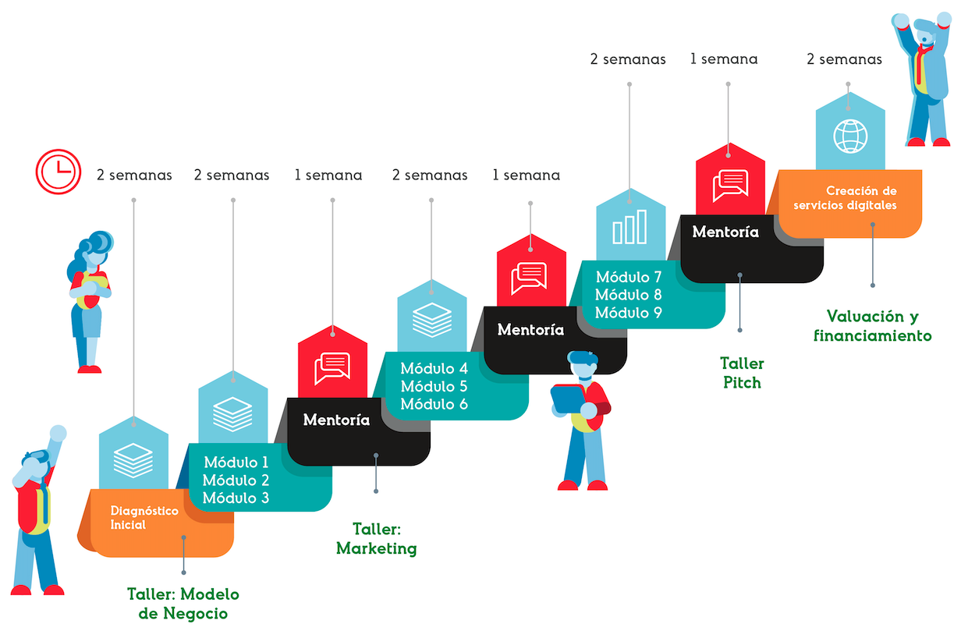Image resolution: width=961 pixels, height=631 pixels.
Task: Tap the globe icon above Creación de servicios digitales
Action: tap(849, 136)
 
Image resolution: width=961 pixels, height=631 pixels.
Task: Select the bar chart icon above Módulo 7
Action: tap(629, 226)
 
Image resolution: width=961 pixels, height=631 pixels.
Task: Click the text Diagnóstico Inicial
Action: tap(144, 518)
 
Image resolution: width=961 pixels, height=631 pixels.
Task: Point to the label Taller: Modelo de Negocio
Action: tap(183, 604)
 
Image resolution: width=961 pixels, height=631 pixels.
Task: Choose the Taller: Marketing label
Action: tap(377, 539)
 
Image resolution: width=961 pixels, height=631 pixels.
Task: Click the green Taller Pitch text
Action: tap(742, 373)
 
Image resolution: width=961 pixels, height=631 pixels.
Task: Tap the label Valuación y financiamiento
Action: tap(873, 326)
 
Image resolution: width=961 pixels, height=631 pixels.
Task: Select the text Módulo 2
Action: tap(236, 480)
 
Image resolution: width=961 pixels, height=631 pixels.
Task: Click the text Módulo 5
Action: tap(434, 386)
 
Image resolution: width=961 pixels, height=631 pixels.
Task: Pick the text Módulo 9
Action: tap(629, 313)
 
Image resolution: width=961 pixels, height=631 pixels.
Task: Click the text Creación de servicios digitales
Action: tap(850, 198)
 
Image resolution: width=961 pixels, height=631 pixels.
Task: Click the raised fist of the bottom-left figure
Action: tap(57, 434)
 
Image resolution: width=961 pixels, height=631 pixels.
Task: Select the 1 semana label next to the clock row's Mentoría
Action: tap(328, 175)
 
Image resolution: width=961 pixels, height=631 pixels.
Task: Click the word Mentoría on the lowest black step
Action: tap(336, 420)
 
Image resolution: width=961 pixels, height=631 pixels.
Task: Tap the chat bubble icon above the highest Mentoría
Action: tap(730, 183)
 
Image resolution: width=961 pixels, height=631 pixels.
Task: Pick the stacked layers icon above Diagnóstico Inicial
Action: tap(133, 459)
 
